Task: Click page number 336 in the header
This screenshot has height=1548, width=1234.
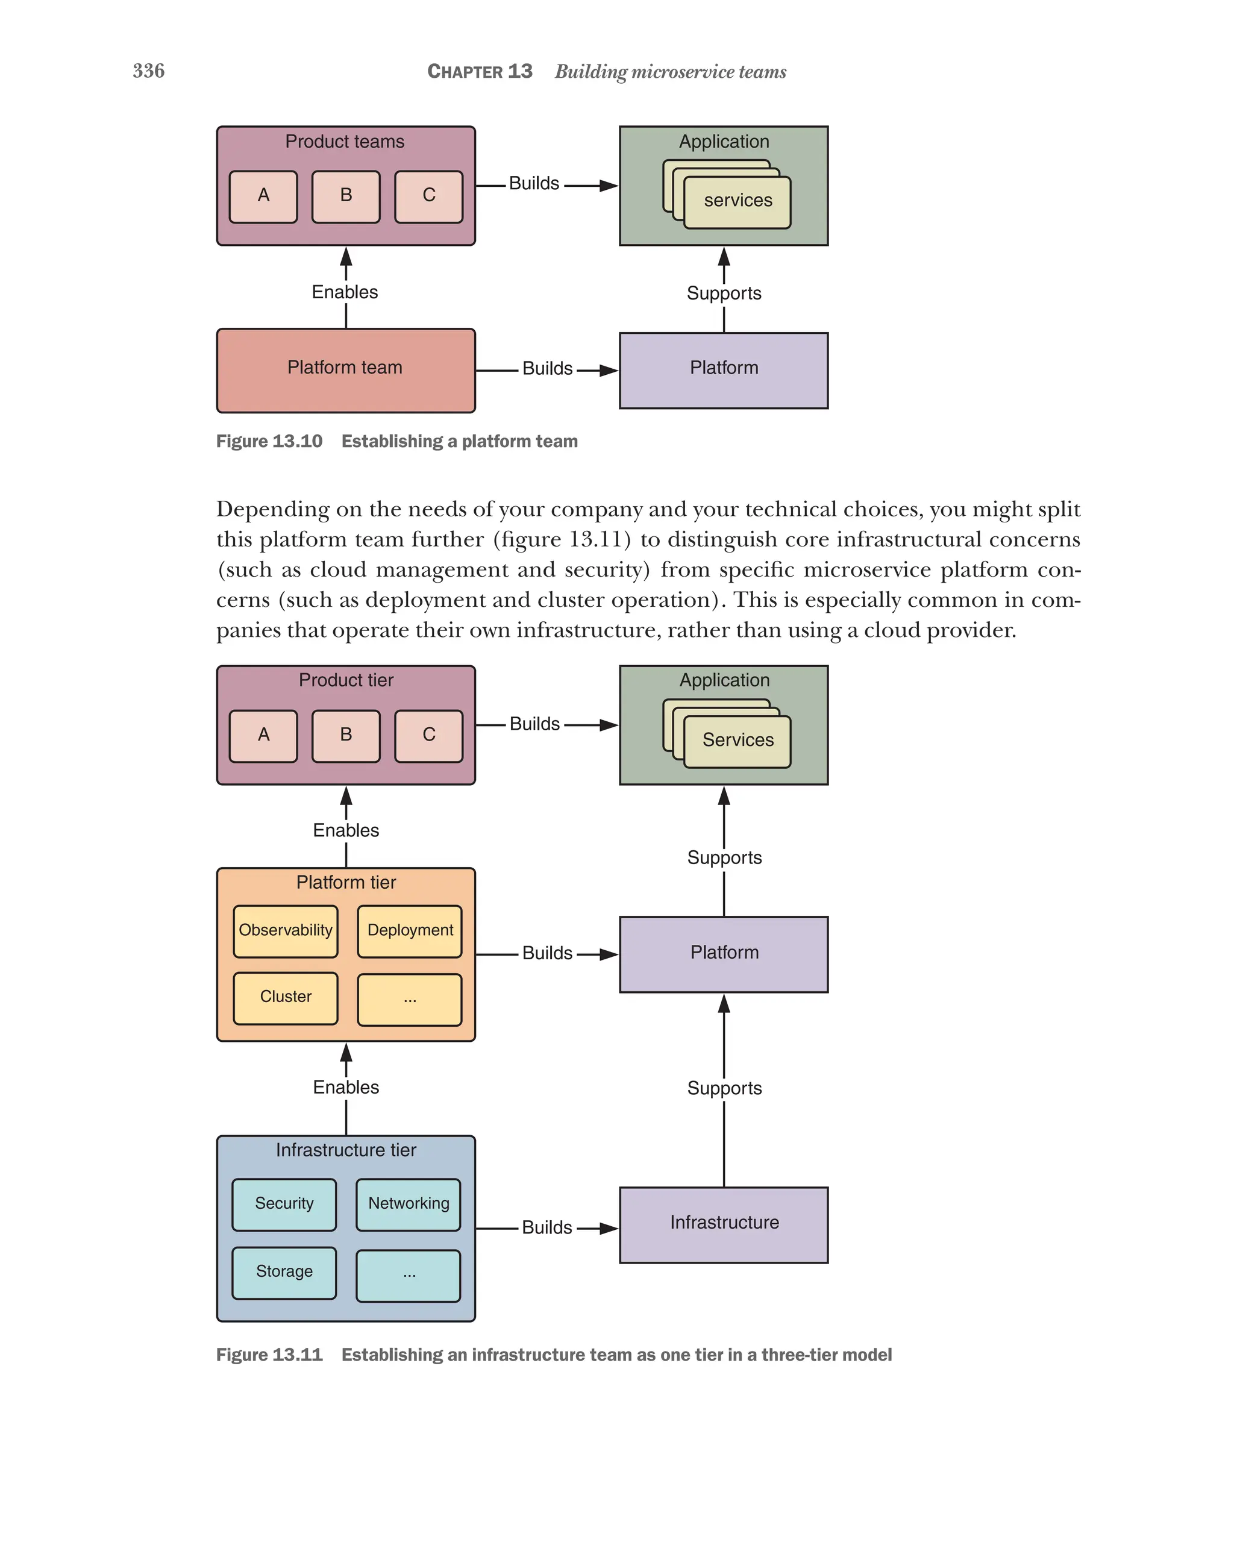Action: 149,71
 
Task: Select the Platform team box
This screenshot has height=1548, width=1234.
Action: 345,371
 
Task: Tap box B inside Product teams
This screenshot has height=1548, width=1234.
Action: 345,196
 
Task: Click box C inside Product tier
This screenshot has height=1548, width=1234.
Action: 428,736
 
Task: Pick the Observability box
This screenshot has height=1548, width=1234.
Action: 285,931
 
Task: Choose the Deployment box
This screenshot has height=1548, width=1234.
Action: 410,931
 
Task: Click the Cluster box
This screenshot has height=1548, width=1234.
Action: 285,997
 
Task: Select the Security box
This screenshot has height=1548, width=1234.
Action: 284,1204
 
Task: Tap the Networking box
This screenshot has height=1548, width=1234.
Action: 409,1204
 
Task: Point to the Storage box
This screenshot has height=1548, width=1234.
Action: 284,1272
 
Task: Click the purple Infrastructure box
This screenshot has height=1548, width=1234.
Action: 724,1224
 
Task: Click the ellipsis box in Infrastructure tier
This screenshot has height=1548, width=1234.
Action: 409,1275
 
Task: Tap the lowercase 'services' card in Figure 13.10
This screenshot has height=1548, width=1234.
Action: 738,202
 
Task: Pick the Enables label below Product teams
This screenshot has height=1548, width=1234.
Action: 345,292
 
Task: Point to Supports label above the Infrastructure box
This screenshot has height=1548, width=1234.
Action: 724,1088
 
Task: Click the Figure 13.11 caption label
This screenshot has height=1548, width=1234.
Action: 269,1355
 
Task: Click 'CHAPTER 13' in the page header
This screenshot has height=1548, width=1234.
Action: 480,72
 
